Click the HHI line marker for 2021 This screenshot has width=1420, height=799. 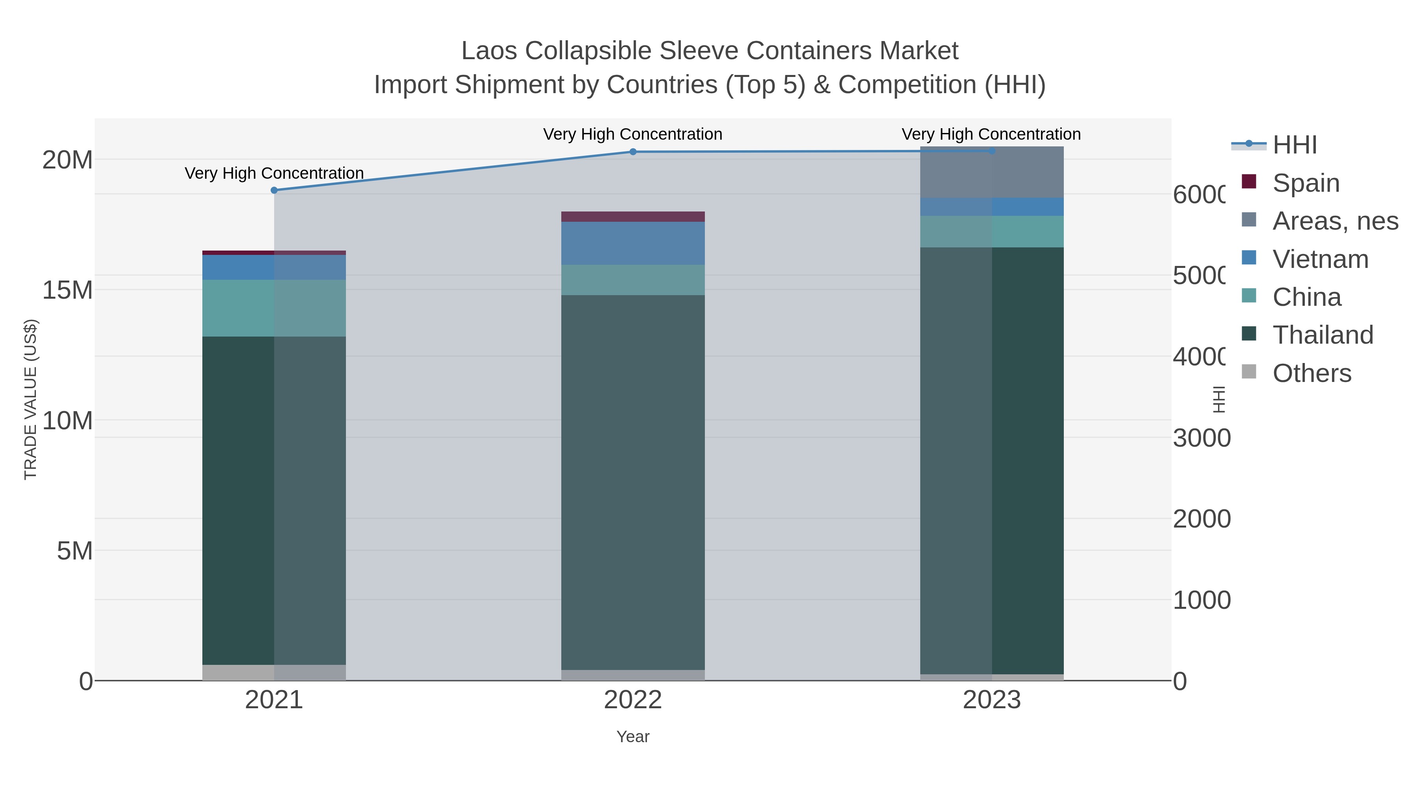click(x=274, y=190)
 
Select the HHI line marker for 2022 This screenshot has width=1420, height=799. click(x=633, y=152)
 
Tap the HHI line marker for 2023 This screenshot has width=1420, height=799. click(x=992, y=151)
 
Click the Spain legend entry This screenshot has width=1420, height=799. click(x=1305, y=183)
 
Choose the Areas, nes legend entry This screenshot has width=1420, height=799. click(x=1334, y=221)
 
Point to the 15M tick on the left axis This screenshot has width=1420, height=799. click(x=67, y=290)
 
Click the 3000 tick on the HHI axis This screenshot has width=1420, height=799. click(x=1201, y=438)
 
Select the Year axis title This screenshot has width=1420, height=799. click(x=633, y=737)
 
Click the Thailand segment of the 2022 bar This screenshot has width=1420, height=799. click(x=633, y=483)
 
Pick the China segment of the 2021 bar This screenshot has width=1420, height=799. click(x=274, y=308)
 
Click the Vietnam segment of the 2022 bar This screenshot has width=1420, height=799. click(x=633, y=243)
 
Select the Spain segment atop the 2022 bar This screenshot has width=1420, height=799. click(x=633, y=217)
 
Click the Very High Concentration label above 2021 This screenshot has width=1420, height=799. click(x=274, y=173)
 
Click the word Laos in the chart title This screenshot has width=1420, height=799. click(x=489, y=51)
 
